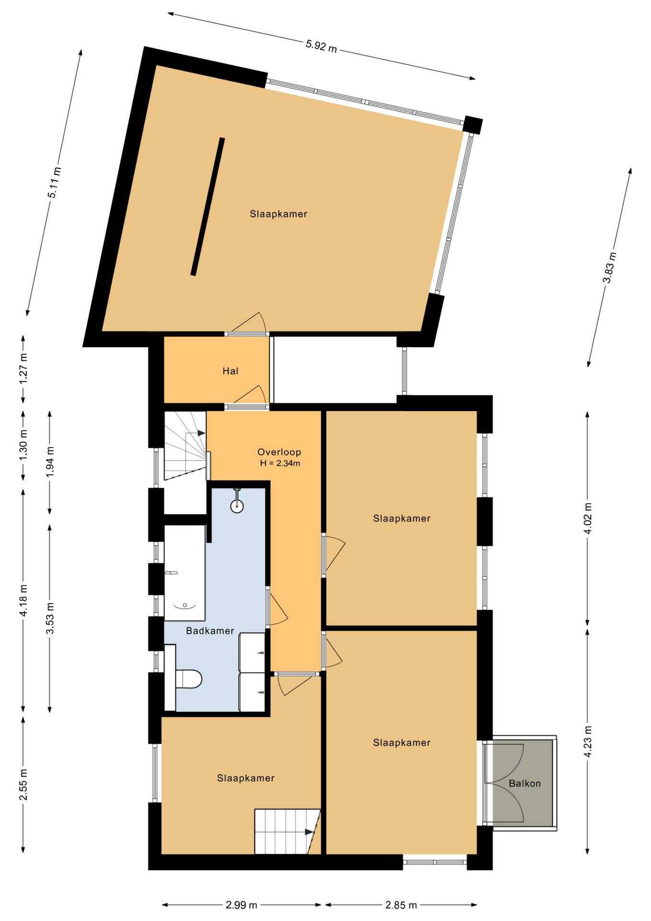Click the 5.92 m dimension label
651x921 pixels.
point(321,46)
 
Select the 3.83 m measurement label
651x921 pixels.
point(609,267)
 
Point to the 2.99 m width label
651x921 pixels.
point(242,905)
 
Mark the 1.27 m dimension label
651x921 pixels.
point(23,368)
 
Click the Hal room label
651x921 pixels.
point(230,371)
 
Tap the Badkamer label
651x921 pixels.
point(210,631)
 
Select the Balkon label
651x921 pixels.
point(524,783)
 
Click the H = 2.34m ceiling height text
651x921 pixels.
point(280,463)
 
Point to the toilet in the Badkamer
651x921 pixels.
point(188,679)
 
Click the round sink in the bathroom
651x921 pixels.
point(237,505)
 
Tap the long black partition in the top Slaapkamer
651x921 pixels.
point(208,207)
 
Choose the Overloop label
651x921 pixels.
point(279,452)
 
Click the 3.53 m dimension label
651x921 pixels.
point(50,618)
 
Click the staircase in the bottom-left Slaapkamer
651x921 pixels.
point(287,831)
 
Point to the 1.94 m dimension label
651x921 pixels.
point(50,461)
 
